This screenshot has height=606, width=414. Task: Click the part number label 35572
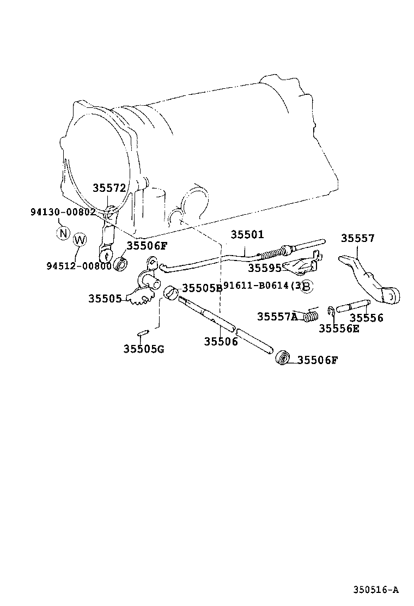109,188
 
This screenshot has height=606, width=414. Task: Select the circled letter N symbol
63,234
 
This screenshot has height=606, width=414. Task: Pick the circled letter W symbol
80,240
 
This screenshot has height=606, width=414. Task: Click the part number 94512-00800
78,266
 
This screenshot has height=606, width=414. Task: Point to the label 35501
247,235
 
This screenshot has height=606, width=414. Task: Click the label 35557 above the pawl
358,238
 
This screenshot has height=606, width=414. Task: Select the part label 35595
264,268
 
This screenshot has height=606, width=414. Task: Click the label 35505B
202,288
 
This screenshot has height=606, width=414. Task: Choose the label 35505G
143,349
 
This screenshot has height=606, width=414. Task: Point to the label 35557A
277,316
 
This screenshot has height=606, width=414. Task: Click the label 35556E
339,328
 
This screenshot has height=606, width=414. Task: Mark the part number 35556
366,318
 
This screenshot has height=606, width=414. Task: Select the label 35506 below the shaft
221,342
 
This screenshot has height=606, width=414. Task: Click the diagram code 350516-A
376,589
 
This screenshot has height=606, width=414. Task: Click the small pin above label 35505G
143,332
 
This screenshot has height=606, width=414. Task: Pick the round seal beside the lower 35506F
282,358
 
